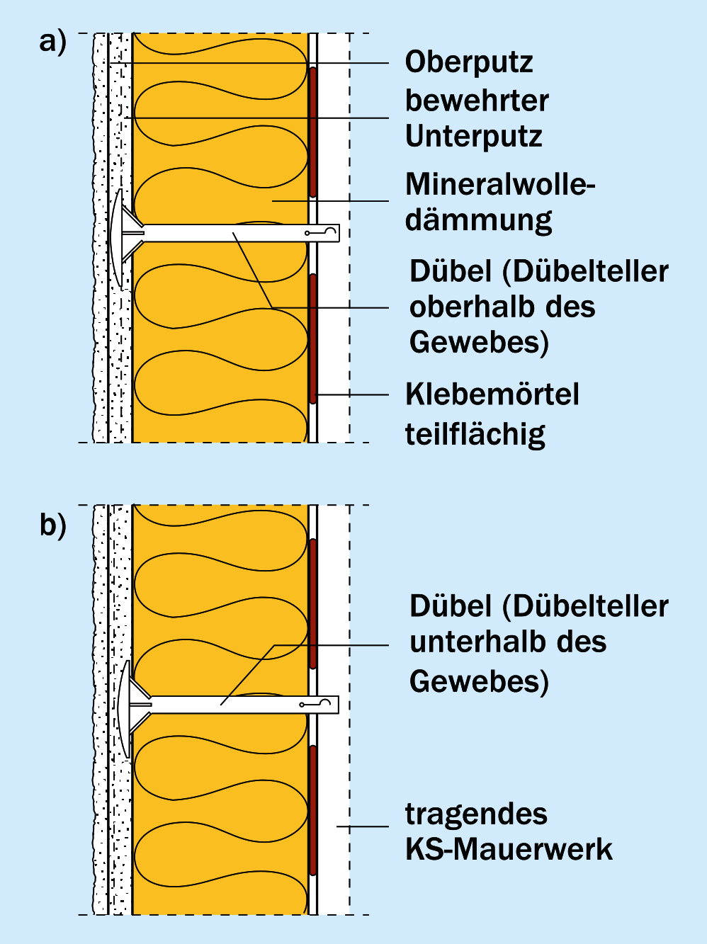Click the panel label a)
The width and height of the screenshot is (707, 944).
(52, 42)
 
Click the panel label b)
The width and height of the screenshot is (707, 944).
(52, 525)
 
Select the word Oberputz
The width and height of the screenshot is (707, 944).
(469, 63)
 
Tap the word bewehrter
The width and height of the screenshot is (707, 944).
(477, 101)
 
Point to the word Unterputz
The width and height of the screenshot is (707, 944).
(473, 136)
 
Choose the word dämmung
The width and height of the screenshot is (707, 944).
(478, 220)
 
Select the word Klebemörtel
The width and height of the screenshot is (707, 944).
(492, 394)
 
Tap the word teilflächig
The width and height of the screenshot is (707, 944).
(475, 434)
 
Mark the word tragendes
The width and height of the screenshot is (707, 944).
(476, 814)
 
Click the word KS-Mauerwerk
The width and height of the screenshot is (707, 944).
(509, 849)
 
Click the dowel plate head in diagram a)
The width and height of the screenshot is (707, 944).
(117, 233)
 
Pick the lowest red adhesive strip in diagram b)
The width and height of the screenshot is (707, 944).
(312, 811)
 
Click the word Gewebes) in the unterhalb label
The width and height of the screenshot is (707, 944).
(479, 681)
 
